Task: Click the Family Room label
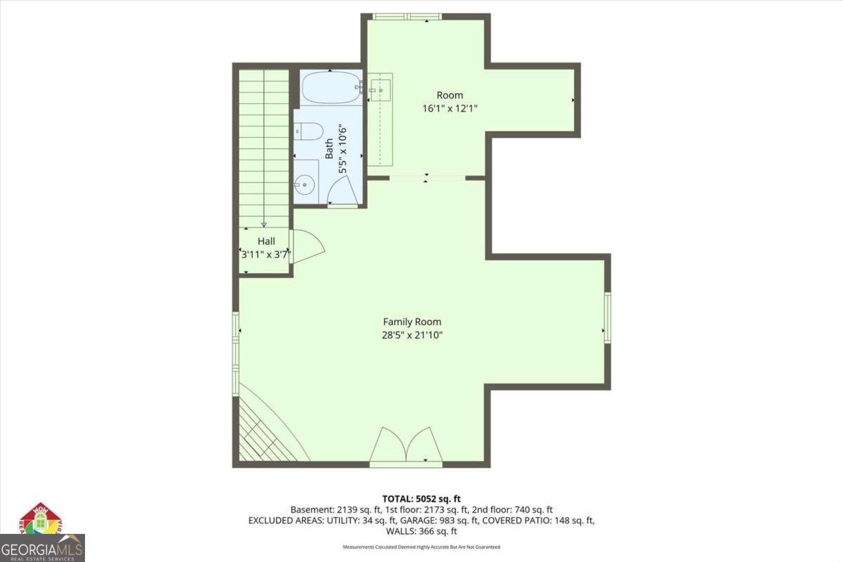click(x=412, y=322)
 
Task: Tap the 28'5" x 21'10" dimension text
click(x=412, y=335)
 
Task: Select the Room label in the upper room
click(x=450, y=96)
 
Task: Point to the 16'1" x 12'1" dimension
click(x=450, y=109)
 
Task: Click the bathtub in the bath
click(x=331, y=87)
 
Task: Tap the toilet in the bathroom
click(x=308, y=131)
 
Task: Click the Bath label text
click(x=329, y=149)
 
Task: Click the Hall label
click(x=266, y=241)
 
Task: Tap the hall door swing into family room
click(x=307, y=247)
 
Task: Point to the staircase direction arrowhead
click(x=264, y=225)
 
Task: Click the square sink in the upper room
click(x=380, y=91)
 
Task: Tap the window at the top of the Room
click(x=407, y=17)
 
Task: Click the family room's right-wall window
click(x=608, y=318)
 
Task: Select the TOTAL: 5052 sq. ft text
click(x=421, y=499)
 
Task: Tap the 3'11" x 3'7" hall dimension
click(x=266, y=255)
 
